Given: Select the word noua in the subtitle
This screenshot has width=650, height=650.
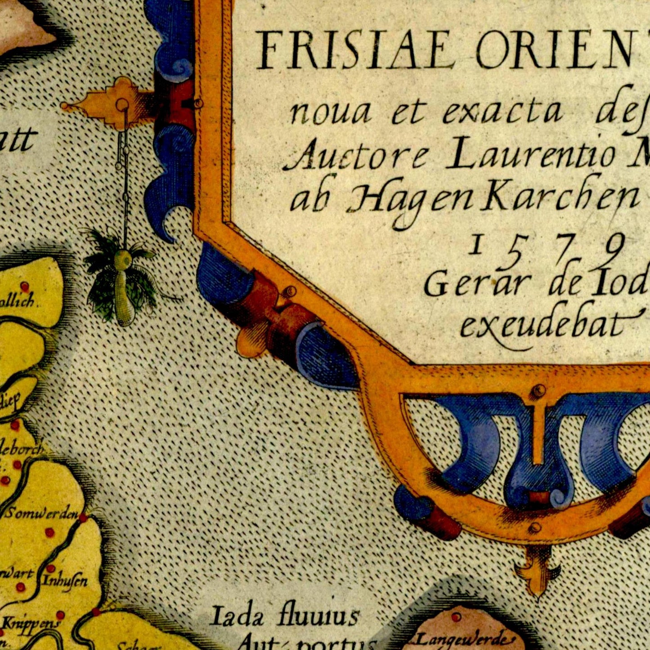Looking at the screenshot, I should tap(330, 113).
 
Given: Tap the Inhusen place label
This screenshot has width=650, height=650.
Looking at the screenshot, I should tap(65, 581).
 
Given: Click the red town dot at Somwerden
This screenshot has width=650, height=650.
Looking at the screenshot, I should tap(83, 518).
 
